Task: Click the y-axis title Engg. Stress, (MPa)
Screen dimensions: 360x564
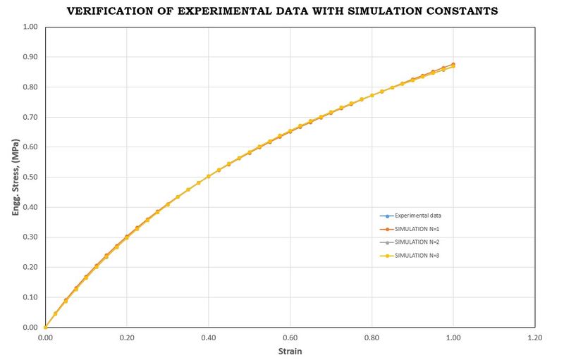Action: [x=15, y=177]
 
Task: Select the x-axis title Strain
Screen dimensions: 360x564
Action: [x=290, y=351]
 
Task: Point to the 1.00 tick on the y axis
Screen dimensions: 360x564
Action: [x=30, y=27]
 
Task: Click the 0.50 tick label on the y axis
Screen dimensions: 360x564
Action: [x=30, y=177]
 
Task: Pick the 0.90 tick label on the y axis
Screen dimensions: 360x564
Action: [x=30, y=57]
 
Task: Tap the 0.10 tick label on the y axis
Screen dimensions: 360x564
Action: [x=30, y=297]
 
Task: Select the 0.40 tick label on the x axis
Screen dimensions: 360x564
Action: [x=208, y=337]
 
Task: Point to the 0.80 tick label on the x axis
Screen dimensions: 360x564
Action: [x=372, y=337]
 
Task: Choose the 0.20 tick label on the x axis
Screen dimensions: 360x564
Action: [x=127, y=337]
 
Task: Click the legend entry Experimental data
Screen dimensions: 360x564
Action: [x=418, y=216]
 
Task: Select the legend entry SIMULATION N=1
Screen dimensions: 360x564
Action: [x=418, y=229]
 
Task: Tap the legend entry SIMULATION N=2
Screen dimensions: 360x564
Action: [x=418, y=242]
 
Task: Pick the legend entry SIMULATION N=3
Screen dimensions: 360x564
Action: [x=418, y=255]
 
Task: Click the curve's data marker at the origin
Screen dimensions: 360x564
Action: [x=45, y=327]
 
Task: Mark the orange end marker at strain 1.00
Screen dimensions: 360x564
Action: [x=453, y=64]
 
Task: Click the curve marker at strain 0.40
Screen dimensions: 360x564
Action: [x=209, y=177]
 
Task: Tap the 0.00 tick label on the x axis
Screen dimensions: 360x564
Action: [x=45, y=337]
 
